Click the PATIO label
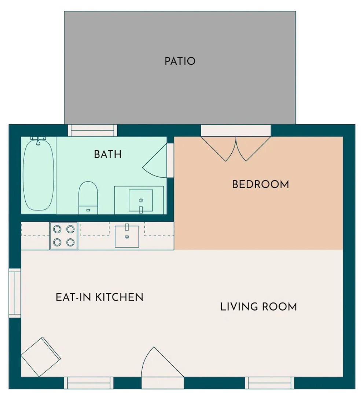(180, 61)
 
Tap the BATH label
(108, 154)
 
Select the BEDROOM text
(260, 184)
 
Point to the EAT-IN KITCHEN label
(99, 297)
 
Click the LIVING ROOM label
(258, 307)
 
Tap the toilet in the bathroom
(88, 197)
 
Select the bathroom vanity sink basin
(140, 200)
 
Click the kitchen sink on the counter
(127, 236)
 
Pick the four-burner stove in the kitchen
(64, 236)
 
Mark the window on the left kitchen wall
(15, 293)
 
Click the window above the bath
(93, 131)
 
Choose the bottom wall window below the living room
(270, 382)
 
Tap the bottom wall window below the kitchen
(89, 382)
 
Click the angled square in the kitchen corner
(41, 357)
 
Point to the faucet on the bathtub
(38, 141)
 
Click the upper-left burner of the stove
(57, 229)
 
